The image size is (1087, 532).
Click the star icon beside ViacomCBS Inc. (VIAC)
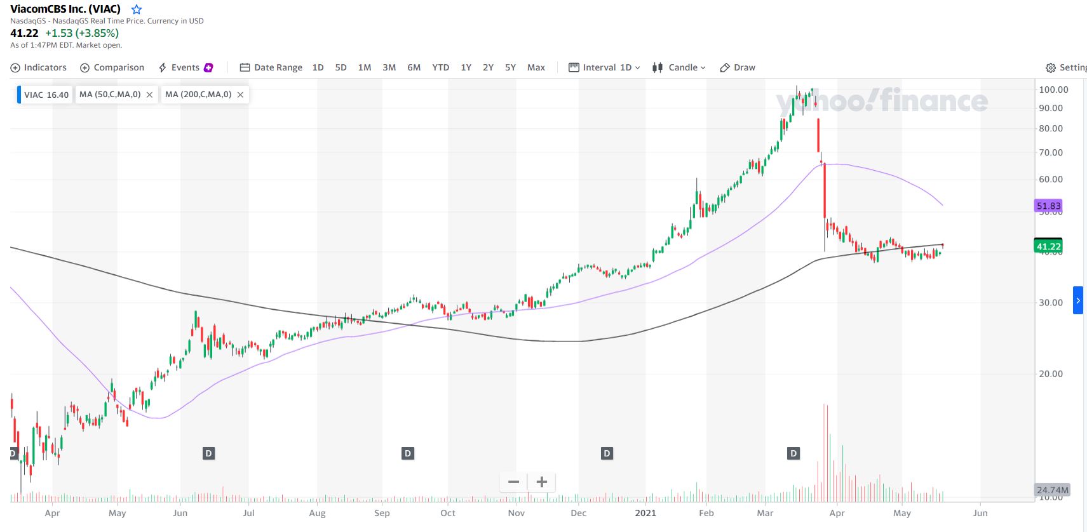136,10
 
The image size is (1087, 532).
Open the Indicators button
38,67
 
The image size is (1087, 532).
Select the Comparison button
112,67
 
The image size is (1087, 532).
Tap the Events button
185,67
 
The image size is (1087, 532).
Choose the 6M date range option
414,67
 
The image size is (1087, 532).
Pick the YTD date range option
440,67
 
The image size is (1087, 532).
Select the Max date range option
536,67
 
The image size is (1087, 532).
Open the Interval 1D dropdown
604,67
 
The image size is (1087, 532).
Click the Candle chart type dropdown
679,67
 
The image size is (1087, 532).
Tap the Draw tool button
738,67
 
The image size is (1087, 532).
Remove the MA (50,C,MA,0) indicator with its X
149,95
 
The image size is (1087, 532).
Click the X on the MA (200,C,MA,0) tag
240,95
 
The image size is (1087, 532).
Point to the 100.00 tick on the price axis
1053,90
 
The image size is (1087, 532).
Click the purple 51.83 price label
1048,206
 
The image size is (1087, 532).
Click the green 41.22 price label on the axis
1048,246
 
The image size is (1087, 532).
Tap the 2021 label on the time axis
645,513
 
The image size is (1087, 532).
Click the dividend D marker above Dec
607,453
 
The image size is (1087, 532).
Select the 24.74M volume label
1053,490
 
